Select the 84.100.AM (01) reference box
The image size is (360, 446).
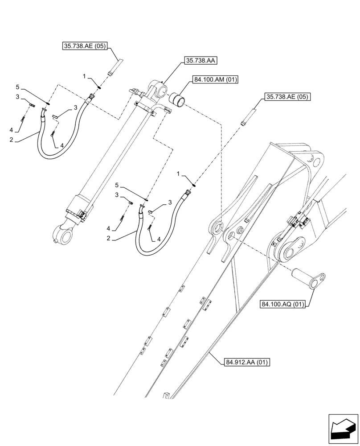[x=216, y=80]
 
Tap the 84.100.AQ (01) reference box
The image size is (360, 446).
[x=283, y=305]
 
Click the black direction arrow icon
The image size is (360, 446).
[x=343, y=429]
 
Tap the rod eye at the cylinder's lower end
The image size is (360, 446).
[x=62, y=232]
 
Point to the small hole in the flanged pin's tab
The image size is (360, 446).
[x=317, y=281]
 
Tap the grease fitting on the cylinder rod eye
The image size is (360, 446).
[x=54, y=242]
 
